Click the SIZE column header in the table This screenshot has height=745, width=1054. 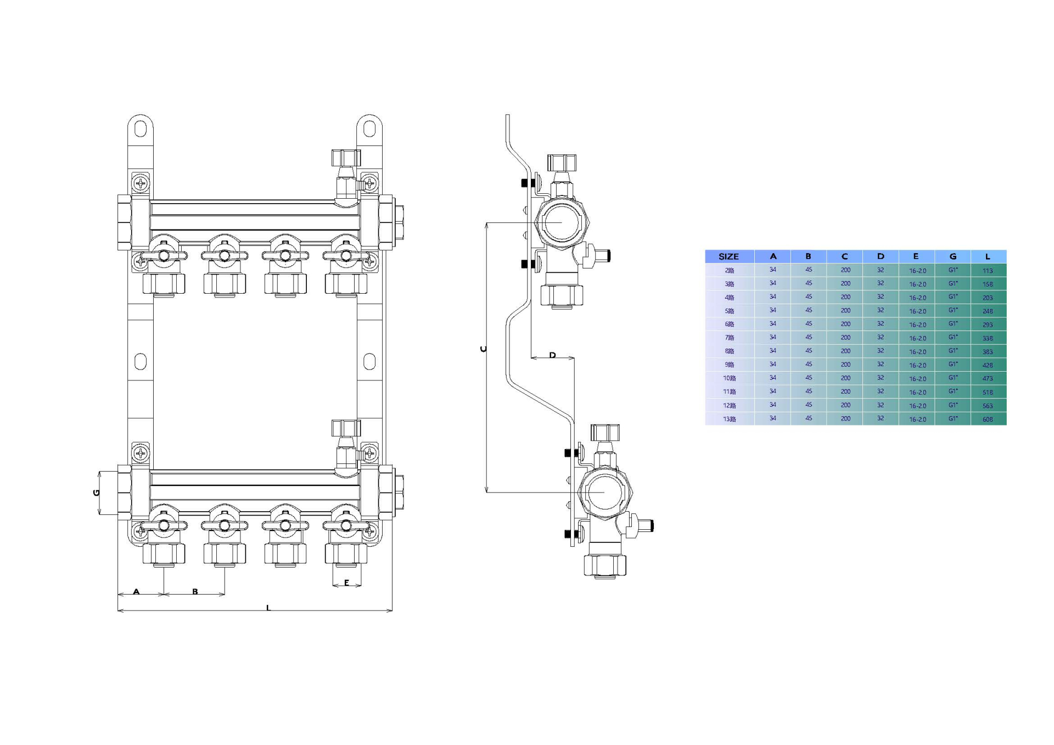click(x=728, y=256)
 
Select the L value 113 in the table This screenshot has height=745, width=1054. click(x=988, y=271)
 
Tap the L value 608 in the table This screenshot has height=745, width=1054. click(x=988, y=419)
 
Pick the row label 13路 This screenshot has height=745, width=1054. click(x=729, y=419)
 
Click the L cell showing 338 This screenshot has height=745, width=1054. click(x=988, y=338)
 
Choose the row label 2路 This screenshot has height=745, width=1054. click(x=729, y=270)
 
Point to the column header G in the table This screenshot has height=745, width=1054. click(x=952, y=256)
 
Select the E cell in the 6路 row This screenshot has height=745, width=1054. click(x=917, y=324)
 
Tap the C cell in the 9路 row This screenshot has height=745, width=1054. click(x=845, y=365)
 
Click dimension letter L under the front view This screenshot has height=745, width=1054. click(x=268, y=607)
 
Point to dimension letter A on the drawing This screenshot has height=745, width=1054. click(x=136, y=591)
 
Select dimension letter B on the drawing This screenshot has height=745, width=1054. click(x=195, y=591)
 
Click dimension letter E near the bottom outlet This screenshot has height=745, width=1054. click(x=346, y=582)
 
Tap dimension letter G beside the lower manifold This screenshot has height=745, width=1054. click(x=97, y=492)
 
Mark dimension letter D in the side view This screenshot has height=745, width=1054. click(x=552, y=355)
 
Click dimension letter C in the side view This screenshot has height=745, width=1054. click(x=483, y=349)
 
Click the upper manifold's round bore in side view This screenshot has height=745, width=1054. click(x=560, y=222)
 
